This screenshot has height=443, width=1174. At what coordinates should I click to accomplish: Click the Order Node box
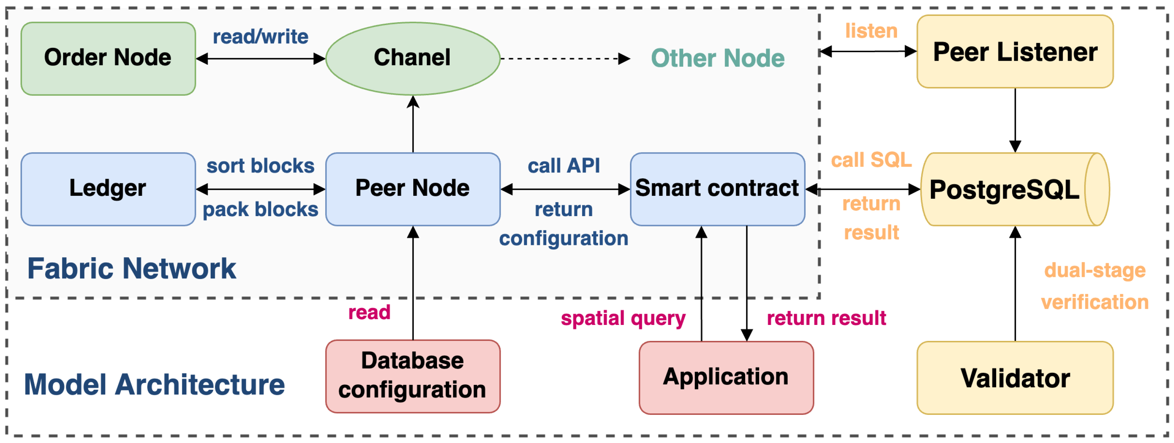pos(108,58)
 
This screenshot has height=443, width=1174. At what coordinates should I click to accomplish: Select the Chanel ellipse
pos(413,58)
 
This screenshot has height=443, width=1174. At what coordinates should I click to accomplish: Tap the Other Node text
pos(717,58)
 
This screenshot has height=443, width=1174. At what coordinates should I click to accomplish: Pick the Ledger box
pos(108,188)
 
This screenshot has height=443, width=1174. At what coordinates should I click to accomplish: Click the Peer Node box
pos(413,188)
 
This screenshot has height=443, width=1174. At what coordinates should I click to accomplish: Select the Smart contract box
pos(717,188)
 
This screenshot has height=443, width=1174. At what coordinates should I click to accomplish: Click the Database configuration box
pos(413,376)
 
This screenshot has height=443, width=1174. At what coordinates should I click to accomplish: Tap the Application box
pos(726,377)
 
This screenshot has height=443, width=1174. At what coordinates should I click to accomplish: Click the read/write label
pos(260,36)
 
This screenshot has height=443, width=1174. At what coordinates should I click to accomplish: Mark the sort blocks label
pos(260,166)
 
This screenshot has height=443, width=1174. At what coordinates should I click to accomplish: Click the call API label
pos(563,166)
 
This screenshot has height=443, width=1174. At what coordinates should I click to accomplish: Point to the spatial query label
pos(623,318)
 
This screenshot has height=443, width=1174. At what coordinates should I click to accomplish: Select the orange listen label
pos(871,31)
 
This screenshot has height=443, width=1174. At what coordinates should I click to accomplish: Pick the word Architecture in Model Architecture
pos(200,385)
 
